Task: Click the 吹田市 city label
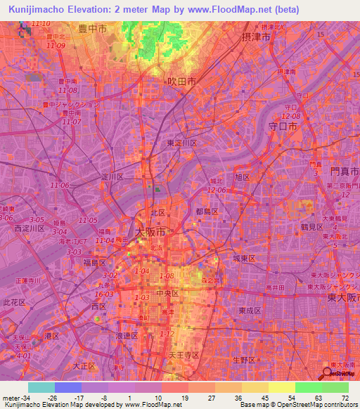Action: click(x=181, y=82)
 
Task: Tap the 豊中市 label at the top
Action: click(x=92, y=29)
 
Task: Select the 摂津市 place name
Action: click(x=255, y=37)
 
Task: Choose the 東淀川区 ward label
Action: click(x=182, y=143)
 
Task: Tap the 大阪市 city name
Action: click(x=150, y=231)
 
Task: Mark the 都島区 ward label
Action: click(x=207, y=212)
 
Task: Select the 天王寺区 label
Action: click(x=184, y=356)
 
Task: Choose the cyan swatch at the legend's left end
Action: click(x=41, y=387)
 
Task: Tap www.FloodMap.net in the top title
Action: click(x=230, y=10)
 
